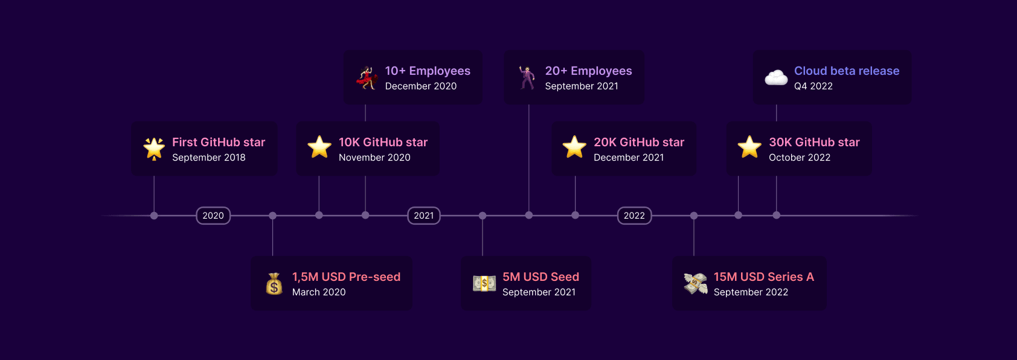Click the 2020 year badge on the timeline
213,216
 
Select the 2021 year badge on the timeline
423,216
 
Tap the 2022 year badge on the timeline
634,216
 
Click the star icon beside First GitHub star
154,149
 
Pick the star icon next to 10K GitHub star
319,147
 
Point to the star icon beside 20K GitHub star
574,147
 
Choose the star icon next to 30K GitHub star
749,147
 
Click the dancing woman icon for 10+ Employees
367,78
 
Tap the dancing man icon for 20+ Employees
527,78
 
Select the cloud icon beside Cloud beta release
776,78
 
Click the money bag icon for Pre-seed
274,284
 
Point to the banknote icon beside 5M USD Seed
484,283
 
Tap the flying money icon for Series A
696,284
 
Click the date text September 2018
209,158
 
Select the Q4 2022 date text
813,86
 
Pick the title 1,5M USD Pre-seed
347,277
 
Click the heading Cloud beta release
847,71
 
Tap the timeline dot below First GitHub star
154,216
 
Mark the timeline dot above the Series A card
694,216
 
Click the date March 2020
319,292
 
